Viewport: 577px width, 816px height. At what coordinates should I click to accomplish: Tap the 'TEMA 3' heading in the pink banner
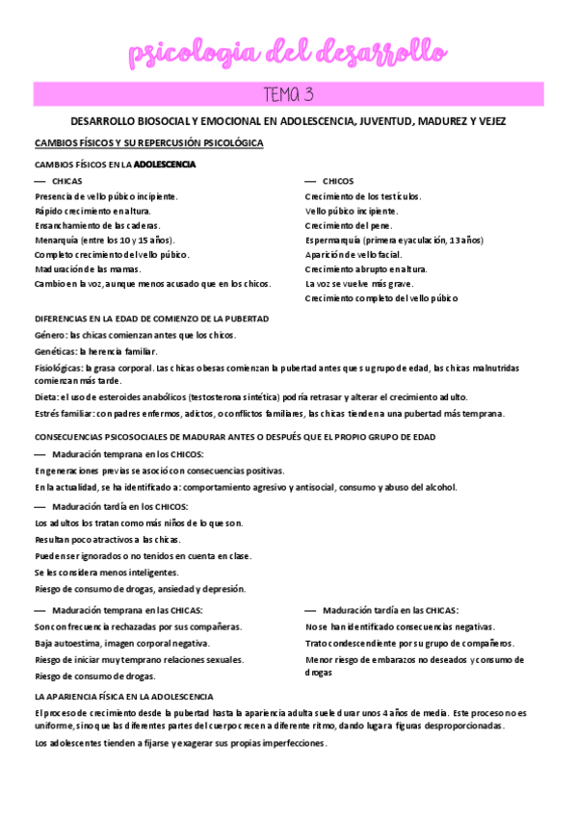(x=288, y=94)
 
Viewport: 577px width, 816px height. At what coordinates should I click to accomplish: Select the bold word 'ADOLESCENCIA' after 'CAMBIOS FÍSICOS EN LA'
(x=165, y=165)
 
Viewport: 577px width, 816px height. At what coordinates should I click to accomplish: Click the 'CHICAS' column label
(x=67, y=181)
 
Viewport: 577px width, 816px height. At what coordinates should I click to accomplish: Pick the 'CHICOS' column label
(x=338, y=181)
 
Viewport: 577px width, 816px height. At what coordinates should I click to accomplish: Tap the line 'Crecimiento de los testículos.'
(x=363, y=196)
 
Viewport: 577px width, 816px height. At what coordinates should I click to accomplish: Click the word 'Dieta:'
(x=46, y=397)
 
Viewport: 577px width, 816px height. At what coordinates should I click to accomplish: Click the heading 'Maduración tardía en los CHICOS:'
(x=120, y=506)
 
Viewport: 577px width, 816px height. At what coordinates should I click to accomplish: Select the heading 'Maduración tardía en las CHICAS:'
(x=391, y=610)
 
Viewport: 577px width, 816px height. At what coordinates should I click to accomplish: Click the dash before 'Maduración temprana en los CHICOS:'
(x=40, y=454)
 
